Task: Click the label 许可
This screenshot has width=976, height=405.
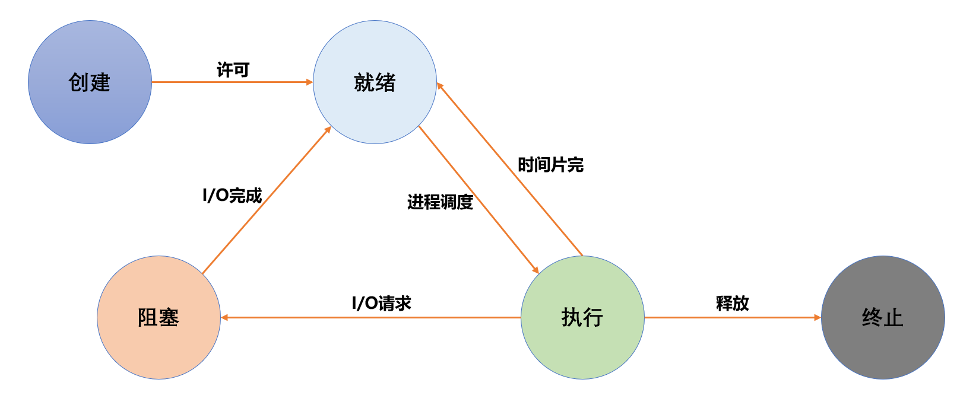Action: (x=233, y=70)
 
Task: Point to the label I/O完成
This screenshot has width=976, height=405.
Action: (x=232, y=195)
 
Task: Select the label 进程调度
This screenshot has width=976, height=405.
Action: (x=440, y=202)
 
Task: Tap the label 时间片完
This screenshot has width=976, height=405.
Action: (x=550, y=165)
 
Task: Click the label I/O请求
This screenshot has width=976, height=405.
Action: (x=381, y=304)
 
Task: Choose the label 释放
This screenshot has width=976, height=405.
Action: (x=732, y=304)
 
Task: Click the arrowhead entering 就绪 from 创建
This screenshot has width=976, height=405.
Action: (x=309, y=82)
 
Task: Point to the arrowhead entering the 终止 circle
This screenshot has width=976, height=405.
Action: (x=817, y=317)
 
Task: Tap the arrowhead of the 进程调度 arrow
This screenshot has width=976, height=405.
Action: (x=535, y=270)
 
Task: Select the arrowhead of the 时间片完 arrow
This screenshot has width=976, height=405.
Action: (x=440, y=86)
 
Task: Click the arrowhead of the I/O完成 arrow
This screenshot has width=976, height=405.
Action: (x=328, y=130)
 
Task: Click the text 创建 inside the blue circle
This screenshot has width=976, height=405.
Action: (x=90, y=82)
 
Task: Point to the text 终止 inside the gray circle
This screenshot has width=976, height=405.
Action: (x=883, y=318)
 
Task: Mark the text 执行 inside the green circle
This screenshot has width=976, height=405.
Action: (x=582, y=318)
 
